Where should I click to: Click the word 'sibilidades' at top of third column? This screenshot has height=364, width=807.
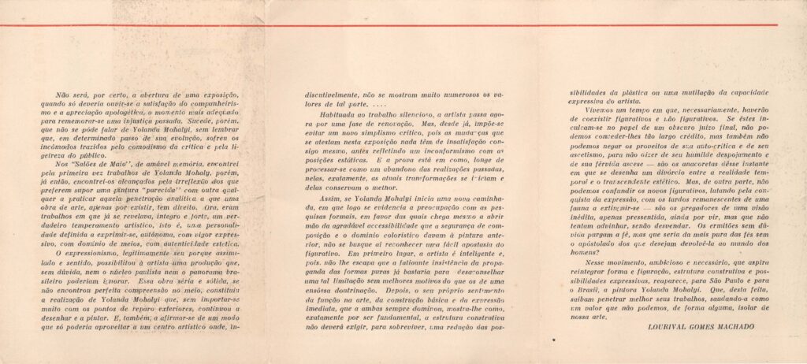click(589, 92)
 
